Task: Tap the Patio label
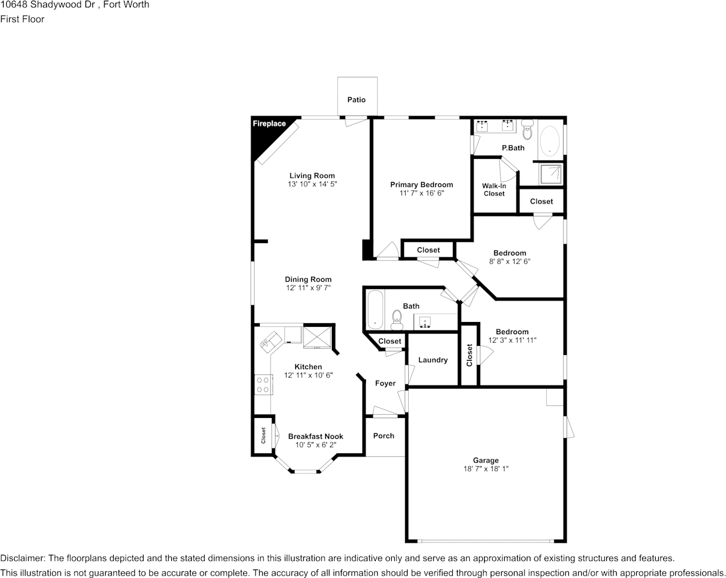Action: click(356, 100)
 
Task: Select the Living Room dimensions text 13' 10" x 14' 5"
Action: click(312, 184)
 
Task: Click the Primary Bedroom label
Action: click(422, 185)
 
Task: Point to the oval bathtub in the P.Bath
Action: click(549, 141)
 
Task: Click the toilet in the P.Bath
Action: click(527, 131)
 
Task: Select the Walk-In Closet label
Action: click(494, 189)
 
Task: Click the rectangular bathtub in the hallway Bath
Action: click(375, 310)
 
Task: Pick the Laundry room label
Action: click(433, 360)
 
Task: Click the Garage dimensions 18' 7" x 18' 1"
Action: click(485, 469)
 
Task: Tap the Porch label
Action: click(384, 436)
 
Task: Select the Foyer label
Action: click(385, 383)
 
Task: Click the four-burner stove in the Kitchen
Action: click(263, 384)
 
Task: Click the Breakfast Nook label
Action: click(315, 436)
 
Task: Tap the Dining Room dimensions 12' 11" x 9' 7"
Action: click(308, 288)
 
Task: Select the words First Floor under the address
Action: click(22, 19)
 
